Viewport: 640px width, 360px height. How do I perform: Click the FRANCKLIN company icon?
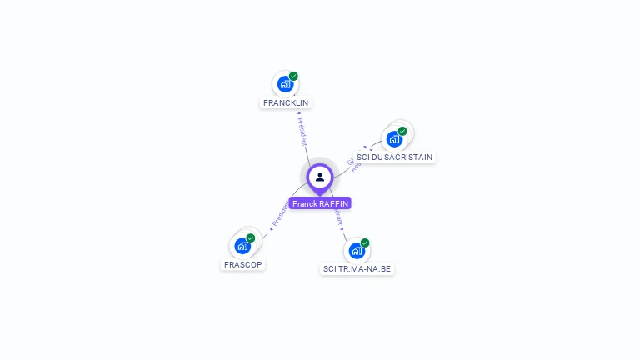click(285, 84)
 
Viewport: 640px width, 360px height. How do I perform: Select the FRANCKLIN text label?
click(286, 103)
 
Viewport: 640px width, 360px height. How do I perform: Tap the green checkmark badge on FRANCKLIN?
click(293, 76)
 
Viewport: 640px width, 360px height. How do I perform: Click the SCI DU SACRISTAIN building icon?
click(394, 138)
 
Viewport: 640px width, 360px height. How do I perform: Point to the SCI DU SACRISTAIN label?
click(394, 157)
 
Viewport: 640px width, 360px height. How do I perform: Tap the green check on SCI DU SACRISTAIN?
click(402, 131)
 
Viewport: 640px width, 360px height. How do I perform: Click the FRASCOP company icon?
click(242, 246)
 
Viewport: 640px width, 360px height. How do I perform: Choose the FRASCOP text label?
click(243, 265)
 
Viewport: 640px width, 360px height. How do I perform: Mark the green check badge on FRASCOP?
click(251, 237)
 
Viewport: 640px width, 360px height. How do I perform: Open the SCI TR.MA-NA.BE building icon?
click(357, 250)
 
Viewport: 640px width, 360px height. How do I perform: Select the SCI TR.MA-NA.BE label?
click(357, 269)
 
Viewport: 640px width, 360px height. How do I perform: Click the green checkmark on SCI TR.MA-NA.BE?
click(365, 242)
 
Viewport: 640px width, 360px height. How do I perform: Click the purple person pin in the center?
click(319, 177)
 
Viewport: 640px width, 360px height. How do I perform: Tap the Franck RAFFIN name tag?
click(320, 203)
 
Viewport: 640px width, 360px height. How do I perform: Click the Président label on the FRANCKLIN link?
click(302, 131)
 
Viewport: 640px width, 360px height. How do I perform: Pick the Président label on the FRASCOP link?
click(280, 215)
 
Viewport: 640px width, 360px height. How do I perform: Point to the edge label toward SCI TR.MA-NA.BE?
click(338, 219)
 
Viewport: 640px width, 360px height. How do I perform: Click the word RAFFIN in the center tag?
click(334, 203)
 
